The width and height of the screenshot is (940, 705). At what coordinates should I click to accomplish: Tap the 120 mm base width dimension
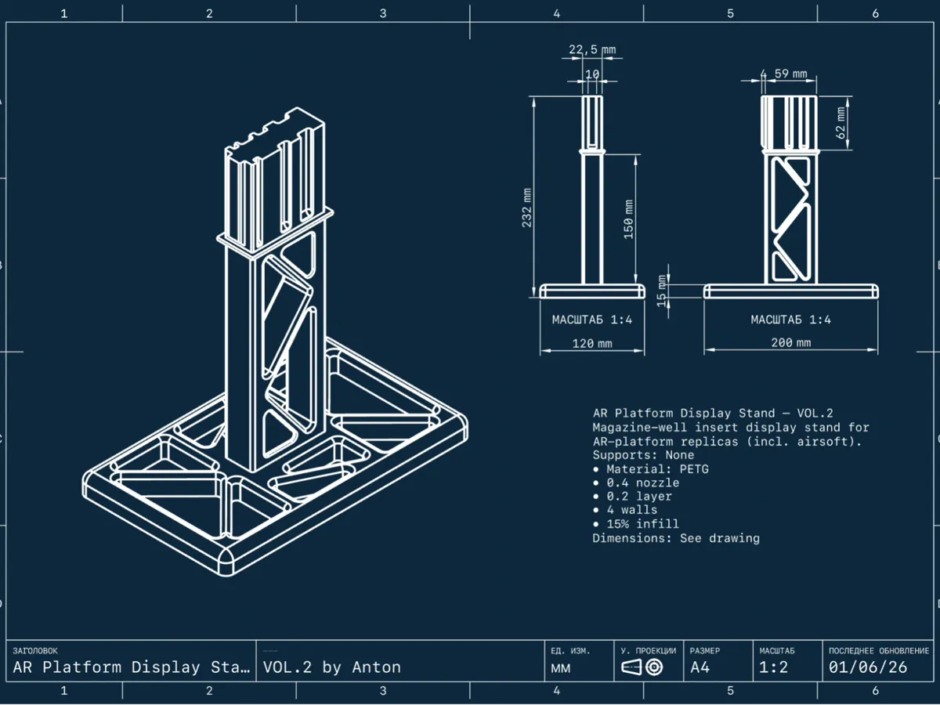click(x=593, y=343)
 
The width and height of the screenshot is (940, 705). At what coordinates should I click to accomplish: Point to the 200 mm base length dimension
click(x=791, y=343)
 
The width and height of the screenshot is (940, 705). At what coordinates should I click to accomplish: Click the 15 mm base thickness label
click(x=662, y=291)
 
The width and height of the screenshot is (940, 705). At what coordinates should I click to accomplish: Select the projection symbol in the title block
click(x=642, y=667)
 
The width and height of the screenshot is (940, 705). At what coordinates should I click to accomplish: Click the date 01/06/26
click(x=868, y=667)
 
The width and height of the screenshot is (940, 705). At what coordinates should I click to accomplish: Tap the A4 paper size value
click(x=700, y=667)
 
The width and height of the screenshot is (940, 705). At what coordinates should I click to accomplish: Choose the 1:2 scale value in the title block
click(x=774, y=667)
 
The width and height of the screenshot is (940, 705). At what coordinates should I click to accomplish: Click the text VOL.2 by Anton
click(x=332, y=667)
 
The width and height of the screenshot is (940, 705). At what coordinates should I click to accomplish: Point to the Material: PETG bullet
click(x=643, y=468)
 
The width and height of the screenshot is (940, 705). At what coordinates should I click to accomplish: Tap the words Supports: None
click(x=643, y=454)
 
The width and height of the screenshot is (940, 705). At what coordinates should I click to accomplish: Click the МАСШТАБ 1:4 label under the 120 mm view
click(x=592, y=320)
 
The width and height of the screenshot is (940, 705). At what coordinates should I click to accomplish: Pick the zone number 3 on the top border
click(x=383, y=13)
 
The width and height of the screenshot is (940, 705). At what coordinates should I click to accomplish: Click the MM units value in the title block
click(x=561, y=668)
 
